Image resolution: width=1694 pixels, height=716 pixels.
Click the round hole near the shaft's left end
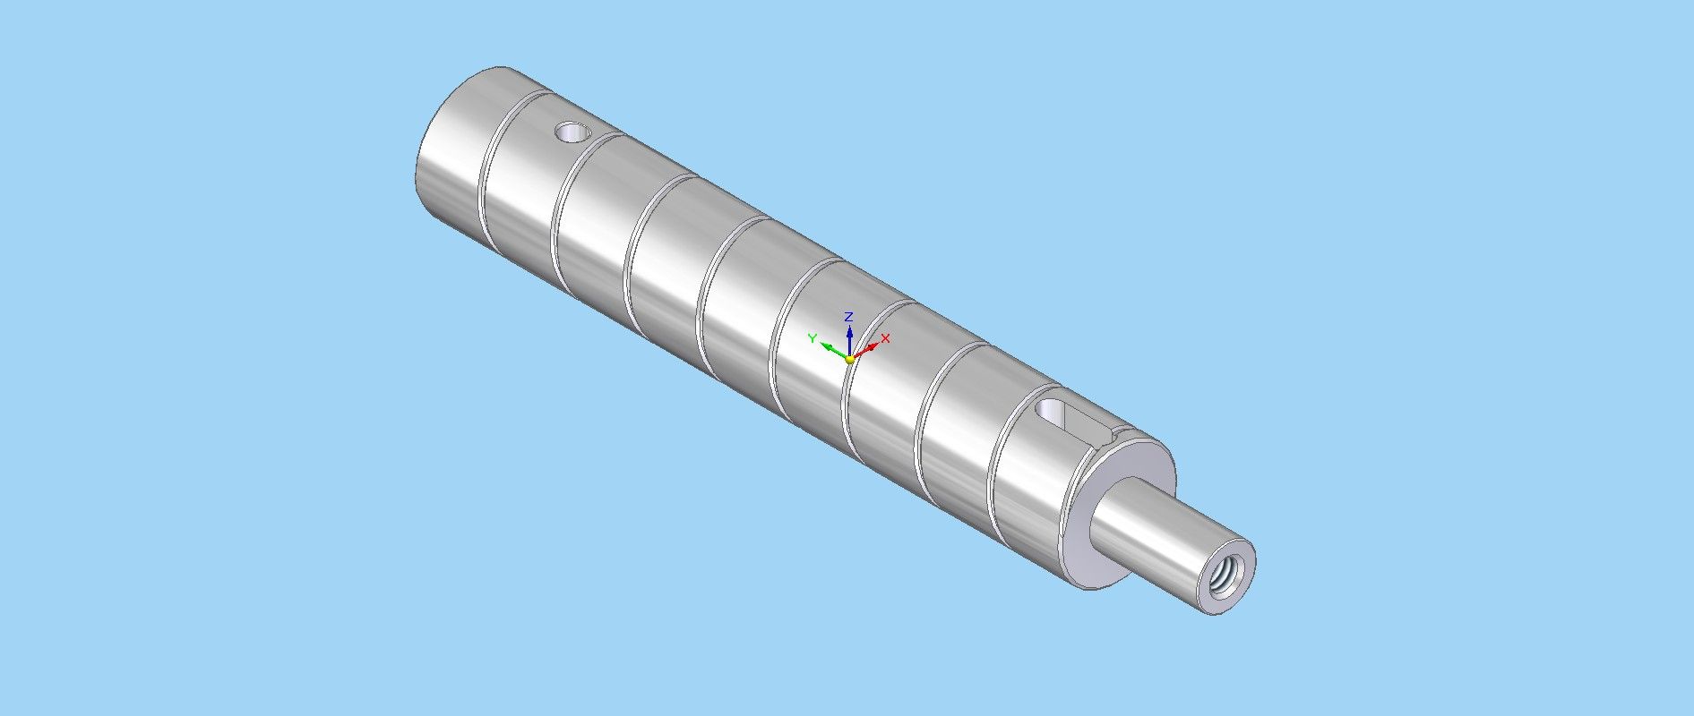point(571,133)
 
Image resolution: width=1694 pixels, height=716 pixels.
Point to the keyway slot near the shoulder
point(1073,419)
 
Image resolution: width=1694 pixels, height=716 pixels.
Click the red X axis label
point(885,338)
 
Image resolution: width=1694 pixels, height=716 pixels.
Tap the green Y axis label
point(813,337)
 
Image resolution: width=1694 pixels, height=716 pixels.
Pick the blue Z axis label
point(848,317)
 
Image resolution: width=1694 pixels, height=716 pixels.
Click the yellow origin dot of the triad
point(849,359)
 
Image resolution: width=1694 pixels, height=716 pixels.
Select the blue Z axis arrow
point(848,340)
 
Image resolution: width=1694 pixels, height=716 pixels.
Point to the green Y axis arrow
point(834,352)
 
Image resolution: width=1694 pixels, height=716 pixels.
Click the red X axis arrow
point(864,350)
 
